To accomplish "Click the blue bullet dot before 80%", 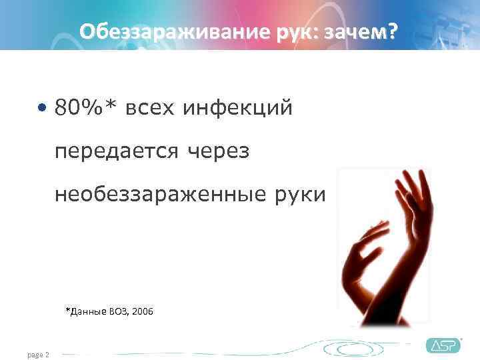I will point(43,107).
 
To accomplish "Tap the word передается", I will point(117,151).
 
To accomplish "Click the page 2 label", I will point(39,355).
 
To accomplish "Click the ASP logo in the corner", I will point(443,345).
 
